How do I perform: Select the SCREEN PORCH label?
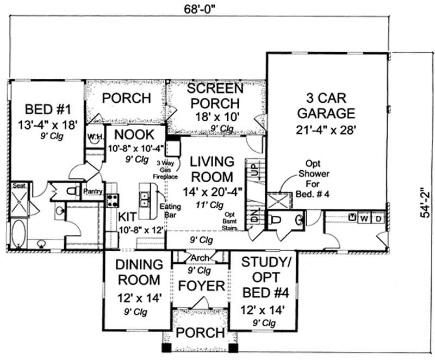click(x=216, y=95)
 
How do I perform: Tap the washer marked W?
click(x=365, y=218)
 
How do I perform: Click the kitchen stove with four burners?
click(x=111, y=200)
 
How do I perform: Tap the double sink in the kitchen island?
click(x=145, y=200)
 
